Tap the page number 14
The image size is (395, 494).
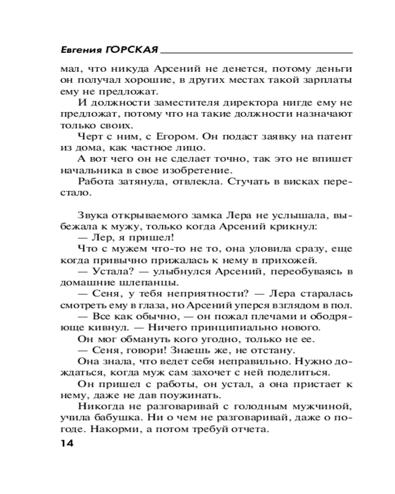pyautogui.click(x=67, y=444)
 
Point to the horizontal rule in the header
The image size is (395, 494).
pyautogui.click(x=257, y=52)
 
